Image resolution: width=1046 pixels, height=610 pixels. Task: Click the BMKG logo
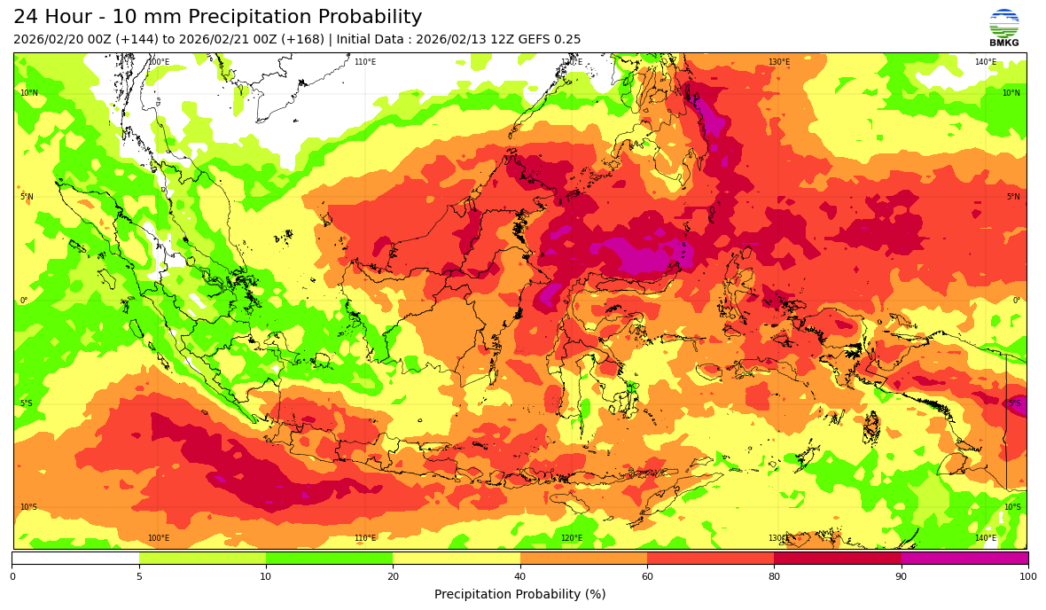(1003, 27)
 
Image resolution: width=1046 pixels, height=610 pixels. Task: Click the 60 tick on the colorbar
(647, 577)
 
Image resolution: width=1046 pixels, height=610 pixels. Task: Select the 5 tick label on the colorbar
(139, 577)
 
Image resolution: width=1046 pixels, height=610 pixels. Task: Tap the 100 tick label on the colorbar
(1028, 577)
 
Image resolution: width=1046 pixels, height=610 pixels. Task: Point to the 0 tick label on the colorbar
(12, 577)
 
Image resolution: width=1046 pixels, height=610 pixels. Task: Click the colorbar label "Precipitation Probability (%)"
(519, 594)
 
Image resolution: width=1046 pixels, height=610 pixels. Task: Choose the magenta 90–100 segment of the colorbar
(964, 559)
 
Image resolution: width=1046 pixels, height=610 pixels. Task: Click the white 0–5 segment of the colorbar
(75, 559)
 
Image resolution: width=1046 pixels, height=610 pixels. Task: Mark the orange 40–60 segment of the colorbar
(583, 559)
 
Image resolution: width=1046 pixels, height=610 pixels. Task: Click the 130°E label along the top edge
(778, 62)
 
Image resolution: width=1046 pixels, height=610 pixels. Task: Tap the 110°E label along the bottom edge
(364, 538)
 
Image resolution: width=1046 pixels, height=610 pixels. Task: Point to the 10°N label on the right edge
(1011, 93)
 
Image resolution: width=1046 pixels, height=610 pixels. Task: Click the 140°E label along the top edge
(985, 62)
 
